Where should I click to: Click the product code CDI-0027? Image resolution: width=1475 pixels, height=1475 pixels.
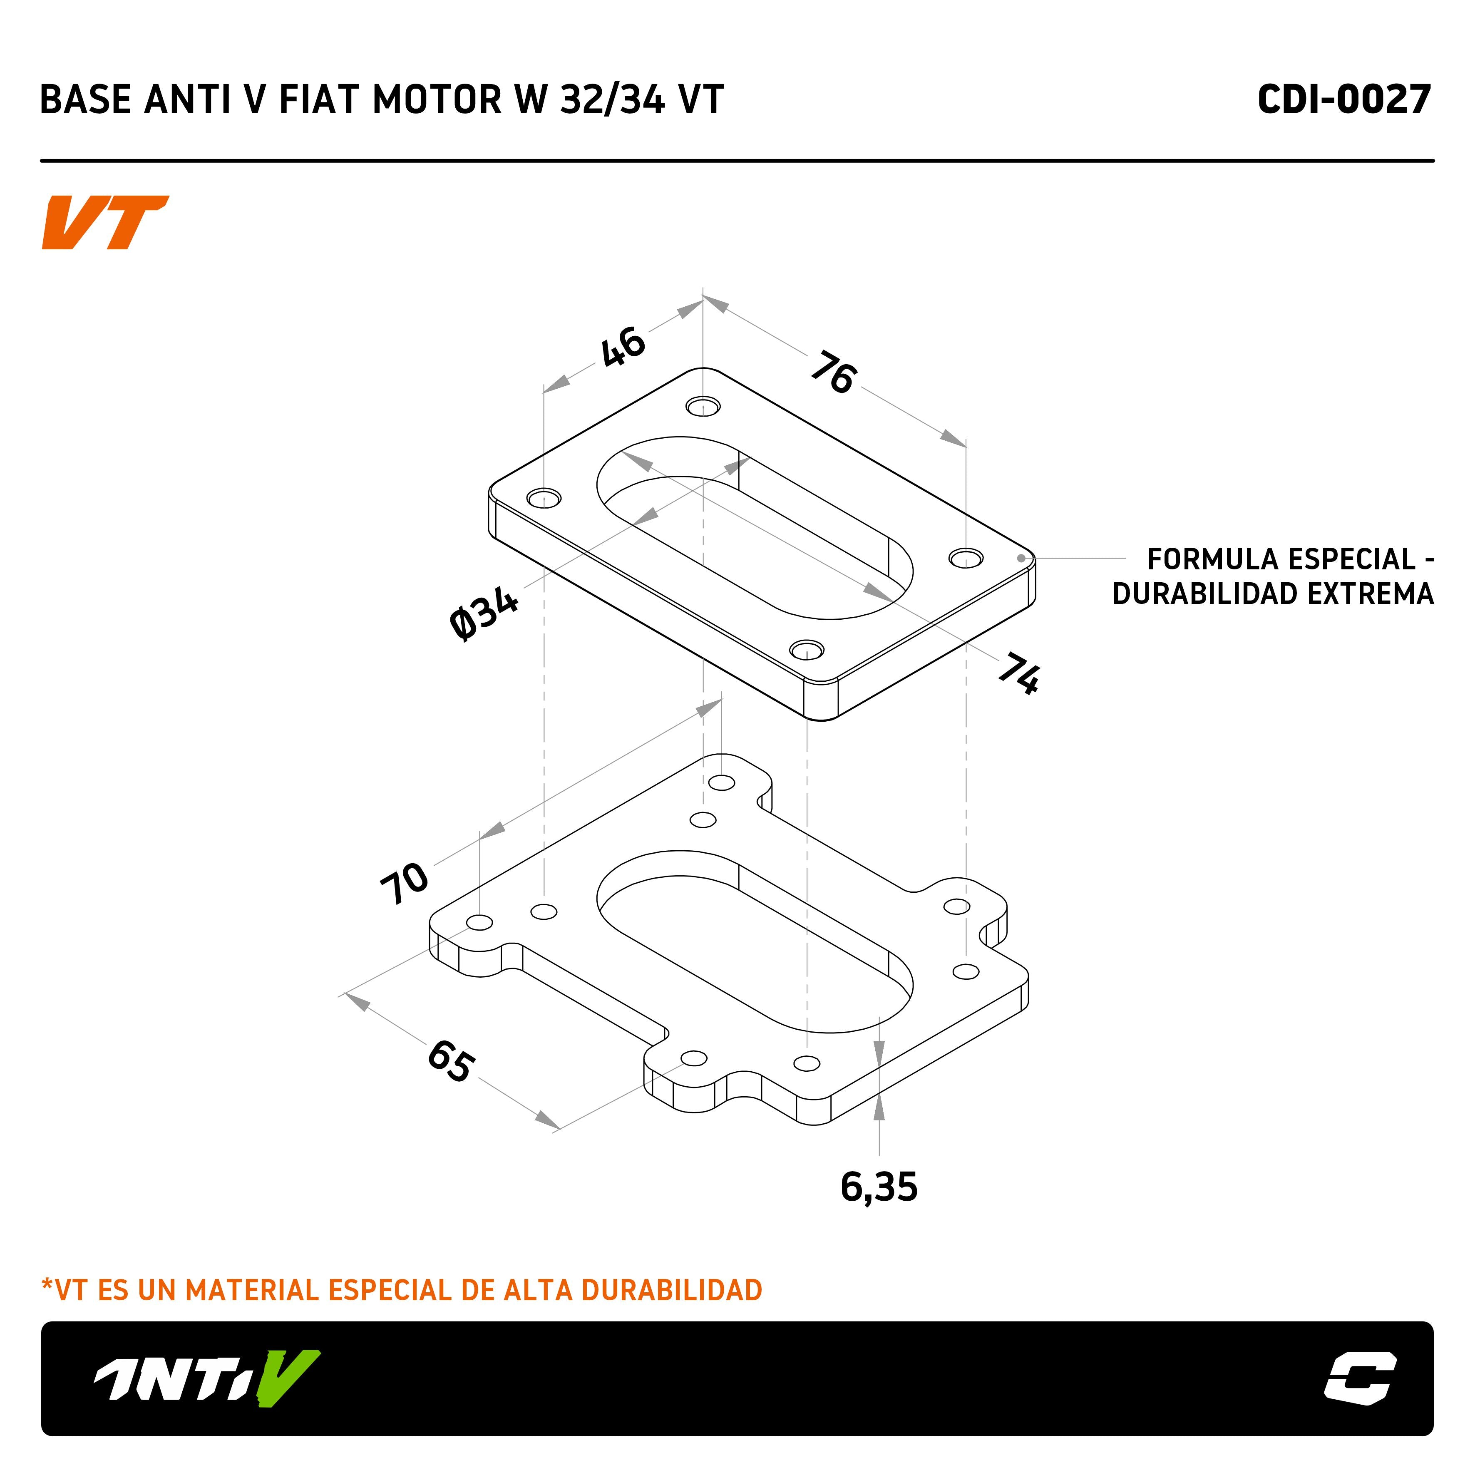[x=1343, y=100]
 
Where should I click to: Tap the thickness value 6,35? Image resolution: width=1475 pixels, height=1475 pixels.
[x=879, y=1187]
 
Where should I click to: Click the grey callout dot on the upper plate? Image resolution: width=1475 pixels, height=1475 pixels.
[x=1021, y=558]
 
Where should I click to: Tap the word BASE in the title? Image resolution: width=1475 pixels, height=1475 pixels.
[x=85, y=100]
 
